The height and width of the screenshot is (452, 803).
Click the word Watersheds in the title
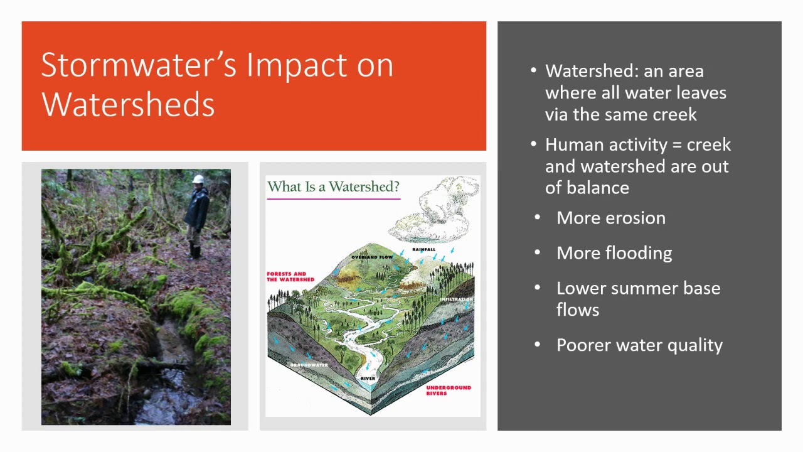coord(128,104)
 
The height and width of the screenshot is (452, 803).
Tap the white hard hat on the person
coord(198,179)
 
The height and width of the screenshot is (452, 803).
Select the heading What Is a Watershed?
coord(333,186)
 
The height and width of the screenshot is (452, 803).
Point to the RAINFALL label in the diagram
coord(423,250)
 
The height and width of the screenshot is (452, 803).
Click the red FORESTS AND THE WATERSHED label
coord(290,277)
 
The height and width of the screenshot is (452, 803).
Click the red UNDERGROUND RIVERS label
coord(448,390)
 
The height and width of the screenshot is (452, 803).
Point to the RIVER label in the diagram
coord(368,379)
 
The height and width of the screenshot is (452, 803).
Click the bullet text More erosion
coord(610,218)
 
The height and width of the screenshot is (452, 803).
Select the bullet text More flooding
coord(614,253)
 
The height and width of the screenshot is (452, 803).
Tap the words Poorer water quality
coord(639,345)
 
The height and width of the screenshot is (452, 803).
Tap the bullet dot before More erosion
coord(538,218)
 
